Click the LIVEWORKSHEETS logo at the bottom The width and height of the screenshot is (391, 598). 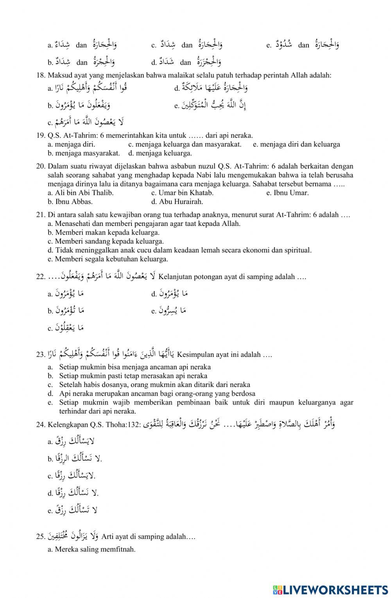tap(330, 589)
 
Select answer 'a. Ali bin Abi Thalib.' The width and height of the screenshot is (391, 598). tap(81, 193)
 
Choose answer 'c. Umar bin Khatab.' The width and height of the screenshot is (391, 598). tap(182, 193)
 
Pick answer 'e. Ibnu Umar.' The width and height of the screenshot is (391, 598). tap(287, 193)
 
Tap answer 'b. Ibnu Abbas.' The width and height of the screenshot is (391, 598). tap(70, 202)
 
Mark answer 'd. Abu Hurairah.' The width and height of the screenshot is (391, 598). tap(177, 202)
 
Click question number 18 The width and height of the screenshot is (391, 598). tap(41, 75)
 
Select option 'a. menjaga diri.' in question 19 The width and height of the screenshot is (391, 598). tap(71, 144)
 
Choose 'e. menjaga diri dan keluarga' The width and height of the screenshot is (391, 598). tap(296, 144)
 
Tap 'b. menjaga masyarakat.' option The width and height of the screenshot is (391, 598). tap(84, 153)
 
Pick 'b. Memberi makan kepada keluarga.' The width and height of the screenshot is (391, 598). tap(104, 233)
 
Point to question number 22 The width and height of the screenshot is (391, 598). tap(41, 277)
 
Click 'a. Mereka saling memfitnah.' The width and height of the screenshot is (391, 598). tap(91, 549)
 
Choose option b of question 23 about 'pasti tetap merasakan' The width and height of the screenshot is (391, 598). tap(133, 376)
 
